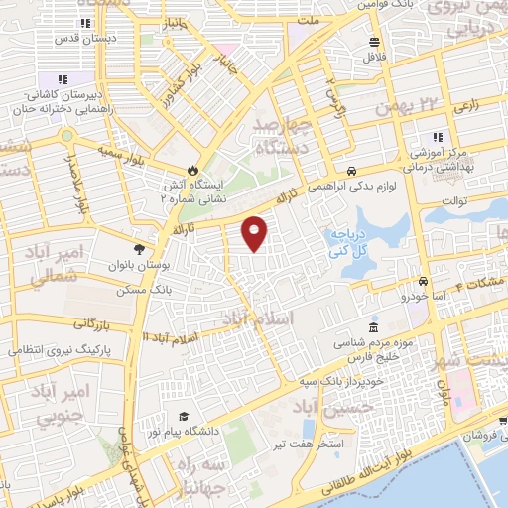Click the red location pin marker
click(x=256, y=233)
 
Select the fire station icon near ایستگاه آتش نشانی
click(x=193, y=170)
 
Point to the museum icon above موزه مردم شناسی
click(x=373, y=328)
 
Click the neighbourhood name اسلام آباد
click(x=258, y=318)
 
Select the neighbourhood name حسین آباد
click(x=335, y=406)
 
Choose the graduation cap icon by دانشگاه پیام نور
click(x=183, y=417)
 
